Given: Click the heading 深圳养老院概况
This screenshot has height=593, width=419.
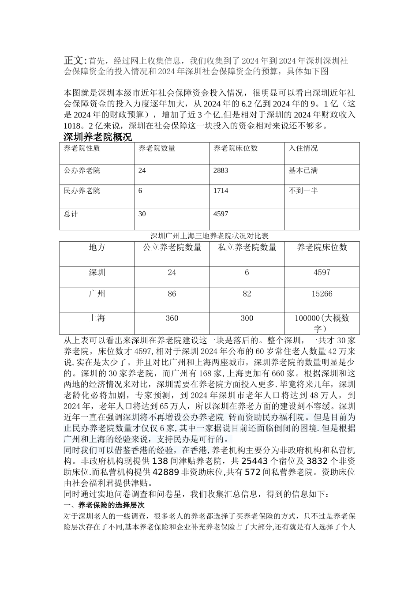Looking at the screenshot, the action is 97,137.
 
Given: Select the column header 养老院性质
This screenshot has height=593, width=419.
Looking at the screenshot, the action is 82,148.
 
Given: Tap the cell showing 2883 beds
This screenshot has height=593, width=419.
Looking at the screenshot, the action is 221,170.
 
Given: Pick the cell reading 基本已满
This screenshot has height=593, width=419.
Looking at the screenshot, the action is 303,170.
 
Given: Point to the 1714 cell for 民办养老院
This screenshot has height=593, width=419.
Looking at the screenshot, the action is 221,191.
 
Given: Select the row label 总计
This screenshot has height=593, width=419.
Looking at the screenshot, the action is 71,214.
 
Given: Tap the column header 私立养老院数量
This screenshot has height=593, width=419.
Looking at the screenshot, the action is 247,248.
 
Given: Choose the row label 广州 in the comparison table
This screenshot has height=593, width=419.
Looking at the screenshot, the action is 97,294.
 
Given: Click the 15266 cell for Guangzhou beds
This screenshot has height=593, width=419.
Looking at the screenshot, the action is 322,294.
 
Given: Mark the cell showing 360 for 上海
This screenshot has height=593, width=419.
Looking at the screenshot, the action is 172,318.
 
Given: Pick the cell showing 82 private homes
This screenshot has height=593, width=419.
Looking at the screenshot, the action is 247,294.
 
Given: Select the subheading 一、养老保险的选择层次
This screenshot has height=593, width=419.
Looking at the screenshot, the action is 107,505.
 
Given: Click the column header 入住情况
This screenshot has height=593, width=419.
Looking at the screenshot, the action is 303,148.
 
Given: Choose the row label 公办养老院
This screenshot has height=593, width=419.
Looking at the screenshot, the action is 82,170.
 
